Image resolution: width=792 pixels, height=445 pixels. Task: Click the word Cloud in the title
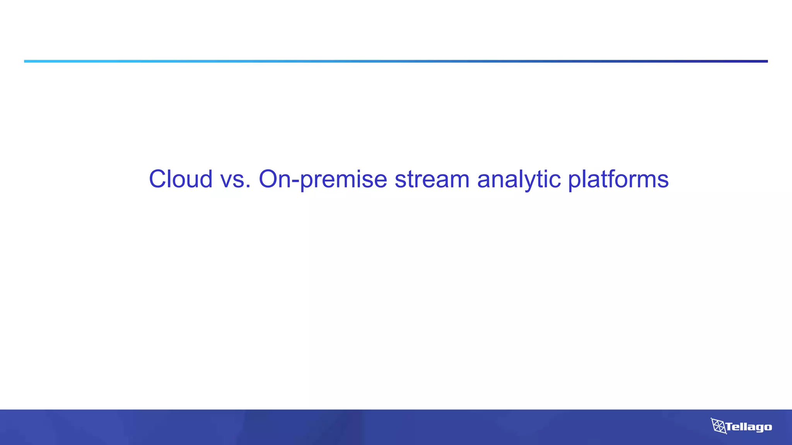[x=181, y=179]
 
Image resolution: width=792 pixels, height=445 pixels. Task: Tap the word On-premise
[x=323, y=179]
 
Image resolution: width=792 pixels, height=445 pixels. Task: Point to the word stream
[x=432, y=179]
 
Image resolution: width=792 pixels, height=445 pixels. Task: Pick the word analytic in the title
[x=519, y=179]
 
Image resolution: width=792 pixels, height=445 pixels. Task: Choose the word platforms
[x=618, y=179]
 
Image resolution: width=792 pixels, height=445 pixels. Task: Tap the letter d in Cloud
[x=205, y=179]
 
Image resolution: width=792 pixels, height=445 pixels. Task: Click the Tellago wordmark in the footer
[x=749, y=427]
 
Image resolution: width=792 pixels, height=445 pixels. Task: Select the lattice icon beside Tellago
[x=718, y=426]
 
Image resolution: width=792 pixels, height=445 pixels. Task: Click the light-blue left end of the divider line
[x=27, y=61]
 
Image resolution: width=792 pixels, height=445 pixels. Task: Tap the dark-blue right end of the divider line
[x=765, y=61]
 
